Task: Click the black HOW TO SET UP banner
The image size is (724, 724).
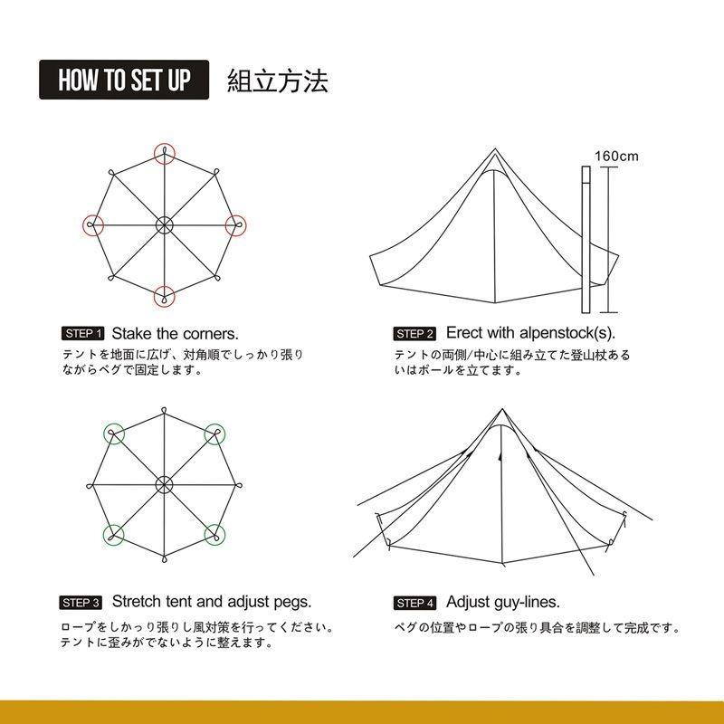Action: (x=124, y=80)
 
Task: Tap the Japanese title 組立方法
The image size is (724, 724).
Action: (x=278, y=81)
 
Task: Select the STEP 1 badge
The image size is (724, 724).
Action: (x=83, y=333)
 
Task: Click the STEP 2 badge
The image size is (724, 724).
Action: (x=414, y=334)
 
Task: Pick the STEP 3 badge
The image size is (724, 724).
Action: (x=81, y=603)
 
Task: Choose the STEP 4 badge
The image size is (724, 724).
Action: (x=414, y=603)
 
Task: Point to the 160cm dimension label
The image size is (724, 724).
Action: (x=616, y=156)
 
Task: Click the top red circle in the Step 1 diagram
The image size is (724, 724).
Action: (x=165, y=144)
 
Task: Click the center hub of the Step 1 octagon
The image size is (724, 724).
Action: (x=165, y=225)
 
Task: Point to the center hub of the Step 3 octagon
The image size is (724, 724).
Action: (x=164, y=484)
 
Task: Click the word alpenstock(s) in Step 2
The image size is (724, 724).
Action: (x=567, y=333)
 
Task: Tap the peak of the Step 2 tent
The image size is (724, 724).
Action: (x=495, y=148)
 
